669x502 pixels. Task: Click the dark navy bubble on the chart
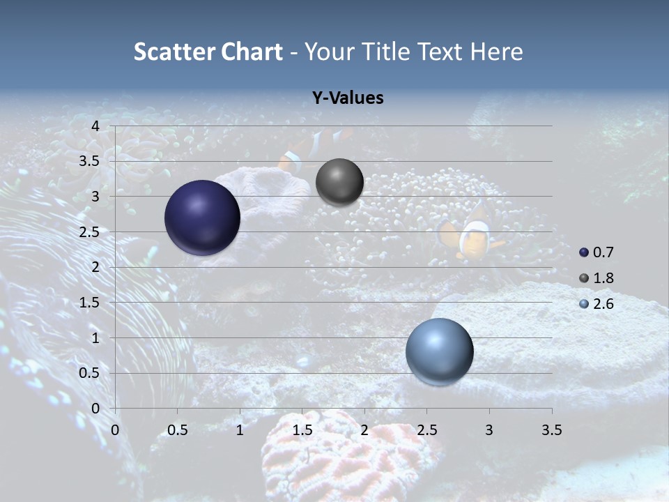[x=202, y=218]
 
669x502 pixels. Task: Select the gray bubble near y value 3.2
[x=339, y=182]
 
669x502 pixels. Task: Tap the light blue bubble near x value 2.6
[x=439, y=351]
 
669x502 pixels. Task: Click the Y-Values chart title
[x=347, y=98]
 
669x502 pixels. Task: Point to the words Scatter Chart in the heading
[x=208, y=52]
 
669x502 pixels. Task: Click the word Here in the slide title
[x=496, y=52]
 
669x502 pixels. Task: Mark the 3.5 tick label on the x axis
[x=551, y=430]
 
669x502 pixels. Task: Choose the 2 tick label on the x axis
[x=364, y=430]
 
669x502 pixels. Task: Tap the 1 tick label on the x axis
[x=240, y=430]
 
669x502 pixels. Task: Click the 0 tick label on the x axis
[x=115, y=430]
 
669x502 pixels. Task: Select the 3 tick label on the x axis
[x=489, y=430]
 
